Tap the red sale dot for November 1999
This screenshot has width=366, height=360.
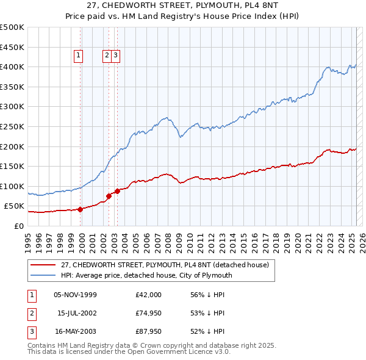pos(80,209)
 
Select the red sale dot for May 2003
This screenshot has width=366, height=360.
pos(117,191)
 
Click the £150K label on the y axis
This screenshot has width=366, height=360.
pos(12,166)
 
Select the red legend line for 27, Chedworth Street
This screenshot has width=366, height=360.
pos(43,265)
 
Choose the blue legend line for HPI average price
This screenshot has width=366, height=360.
pos(43,275)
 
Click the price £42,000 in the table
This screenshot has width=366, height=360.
pos(149,295)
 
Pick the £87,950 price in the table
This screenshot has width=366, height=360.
pos(149,331)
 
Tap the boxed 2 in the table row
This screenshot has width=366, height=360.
pos(31,313)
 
